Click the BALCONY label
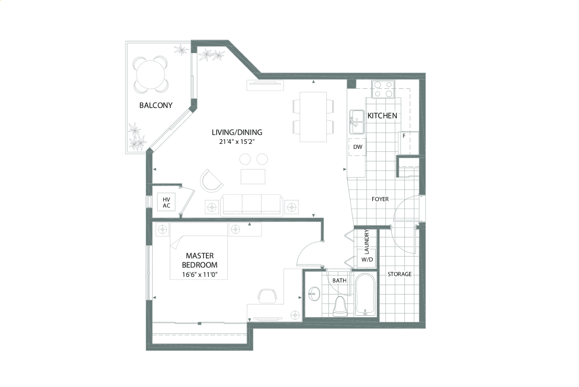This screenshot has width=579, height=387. (x=156, y=105)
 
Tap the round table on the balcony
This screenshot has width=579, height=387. (x=150, y=75)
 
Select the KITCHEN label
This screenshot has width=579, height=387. (x=382, y=116)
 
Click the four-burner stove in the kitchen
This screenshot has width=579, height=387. (x=383, y=90)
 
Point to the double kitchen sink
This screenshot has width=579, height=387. (x=357, y=122)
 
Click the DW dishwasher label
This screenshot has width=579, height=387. (x=358, y=147)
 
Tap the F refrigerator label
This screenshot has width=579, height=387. (x=404, y=136)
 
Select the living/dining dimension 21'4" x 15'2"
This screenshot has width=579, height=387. (x=237, y=142)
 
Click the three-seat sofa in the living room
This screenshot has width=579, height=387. (x=252, y=205)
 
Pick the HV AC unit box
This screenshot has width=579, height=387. (x=166, y=202)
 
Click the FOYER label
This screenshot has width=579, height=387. (x=380, y=199)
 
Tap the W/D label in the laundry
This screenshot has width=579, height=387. (x=367, y=259)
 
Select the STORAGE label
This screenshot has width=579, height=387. (x=399, y=274)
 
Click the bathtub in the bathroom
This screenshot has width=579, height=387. (x=365, y=295)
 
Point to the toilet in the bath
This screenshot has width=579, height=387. (x=339, y=307)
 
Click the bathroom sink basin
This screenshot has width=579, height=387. (x=314, y=294)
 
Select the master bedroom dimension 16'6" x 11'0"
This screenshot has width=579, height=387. (x=200, y=275)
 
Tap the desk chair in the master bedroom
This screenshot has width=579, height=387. (x=267, y=296)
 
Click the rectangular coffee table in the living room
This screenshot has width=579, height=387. (x=253, y=177)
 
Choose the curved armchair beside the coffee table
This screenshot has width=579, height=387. (x=211, y=180)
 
